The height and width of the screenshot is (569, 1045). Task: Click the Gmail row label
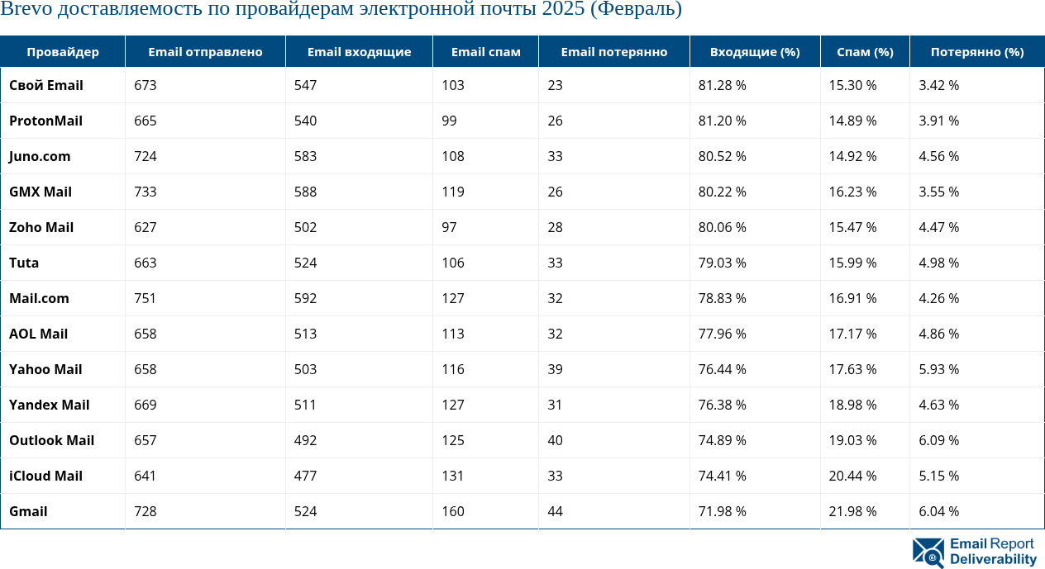28,511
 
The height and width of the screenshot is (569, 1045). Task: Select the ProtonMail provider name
45,121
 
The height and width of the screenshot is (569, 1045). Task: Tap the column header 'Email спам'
485,52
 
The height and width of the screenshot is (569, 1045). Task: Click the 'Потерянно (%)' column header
976,52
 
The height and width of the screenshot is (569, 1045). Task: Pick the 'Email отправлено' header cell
205,52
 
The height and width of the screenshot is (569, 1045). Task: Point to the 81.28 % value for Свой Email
722,85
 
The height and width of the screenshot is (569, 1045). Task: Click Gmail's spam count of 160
452,511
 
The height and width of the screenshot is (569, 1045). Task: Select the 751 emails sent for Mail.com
145,298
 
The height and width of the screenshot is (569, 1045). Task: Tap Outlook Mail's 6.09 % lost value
938,440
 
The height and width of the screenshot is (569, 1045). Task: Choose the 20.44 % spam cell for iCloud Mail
852,476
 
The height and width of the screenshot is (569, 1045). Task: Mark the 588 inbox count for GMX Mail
305,192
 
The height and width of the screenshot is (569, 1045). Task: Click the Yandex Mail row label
49,405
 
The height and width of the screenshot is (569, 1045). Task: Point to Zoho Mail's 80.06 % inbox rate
722,227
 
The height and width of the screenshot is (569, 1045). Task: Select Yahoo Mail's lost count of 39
555,369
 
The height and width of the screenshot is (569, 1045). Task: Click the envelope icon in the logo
928,552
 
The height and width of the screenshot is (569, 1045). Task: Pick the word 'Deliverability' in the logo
993,560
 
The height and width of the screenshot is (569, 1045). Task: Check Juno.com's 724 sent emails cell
145,156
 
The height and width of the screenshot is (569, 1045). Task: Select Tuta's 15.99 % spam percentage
852,263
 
